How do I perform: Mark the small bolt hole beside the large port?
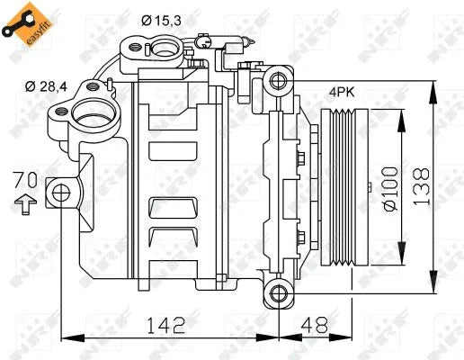(62, 112)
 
